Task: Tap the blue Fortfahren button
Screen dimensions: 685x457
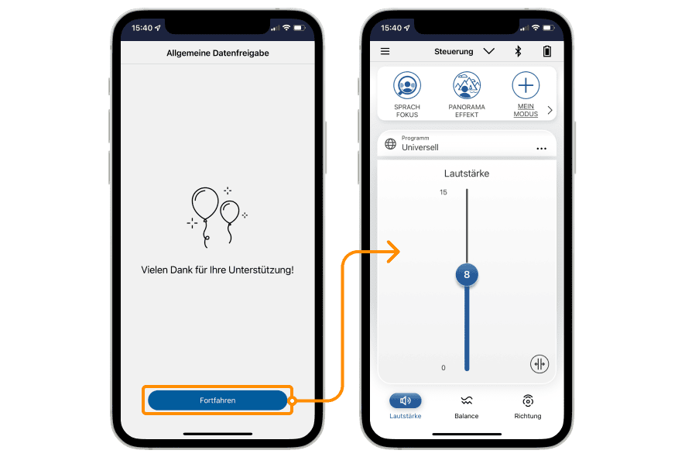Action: [217, 400]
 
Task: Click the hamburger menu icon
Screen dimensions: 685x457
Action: [385, 52]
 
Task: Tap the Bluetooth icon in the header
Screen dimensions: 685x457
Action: [518, 52]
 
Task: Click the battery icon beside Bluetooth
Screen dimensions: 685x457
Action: [546, 52]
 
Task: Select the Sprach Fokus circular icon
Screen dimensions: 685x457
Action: [406, 85]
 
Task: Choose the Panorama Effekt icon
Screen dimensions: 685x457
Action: [467, 85]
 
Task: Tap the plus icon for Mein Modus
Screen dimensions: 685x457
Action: [526, 85]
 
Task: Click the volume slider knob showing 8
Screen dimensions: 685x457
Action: [467, 275]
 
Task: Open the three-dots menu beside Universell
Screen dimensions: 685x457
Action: [541, 149]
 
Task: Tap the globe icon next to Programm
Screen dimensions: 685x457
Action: [391, 144]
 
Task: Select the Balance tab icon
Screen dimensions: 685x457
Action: [467, 400]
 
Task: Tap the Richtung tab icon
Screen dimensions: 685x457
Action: [528, 400]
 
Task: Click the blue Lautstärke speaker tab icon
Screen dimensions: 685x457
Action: [406, 400]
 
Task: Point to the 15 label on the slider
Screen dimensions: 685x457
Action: [444, 192]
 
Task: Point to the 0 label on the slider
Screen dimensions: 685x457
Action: [444, 368]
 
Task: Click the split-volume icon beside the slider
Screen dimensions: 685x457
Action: [539, 364]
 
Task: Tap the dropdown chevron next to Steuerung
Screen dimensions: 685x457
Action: [489, 52]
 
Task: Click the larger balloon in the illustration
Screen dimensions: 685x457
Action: [205, 204]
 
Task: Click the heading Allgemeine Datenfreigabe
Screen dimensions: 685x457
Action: [217, 53]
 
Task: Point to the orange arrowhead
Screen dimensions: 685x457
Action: [395, 252]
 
